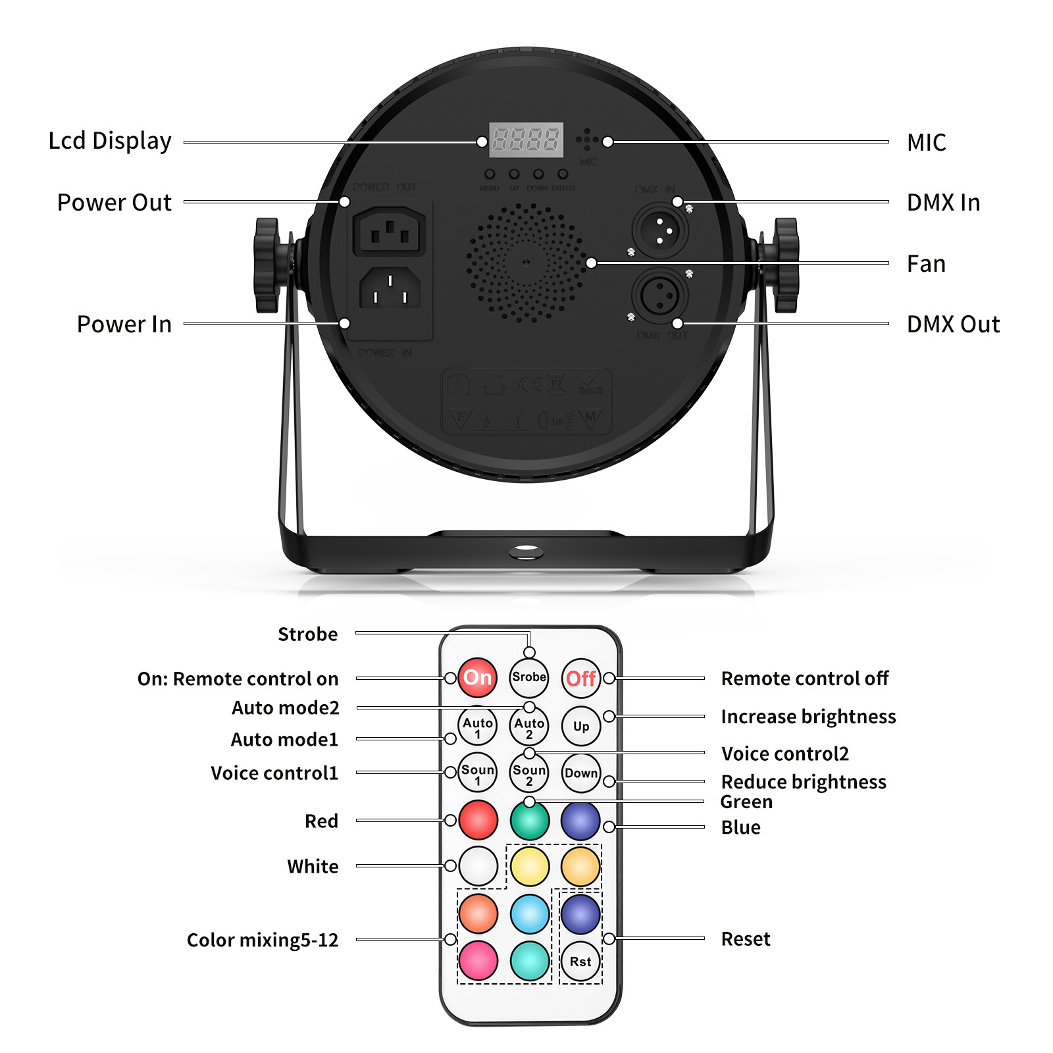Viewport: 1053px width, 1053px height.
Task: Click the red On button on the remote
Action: tap(478, 677)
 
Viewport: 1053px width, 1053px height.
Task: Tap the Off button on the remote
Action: tap(580, 678)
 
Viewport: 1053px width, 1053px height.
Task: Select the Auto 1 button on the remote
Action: tap(478, 727)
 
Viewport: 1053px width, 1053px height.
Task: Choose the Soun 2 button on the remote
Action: tap(529, 773)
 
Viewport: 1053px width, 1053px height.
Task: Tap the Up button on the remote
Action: tap(580, 727)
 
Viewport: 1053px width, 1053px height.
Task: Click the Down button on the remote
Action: tap(581, 773)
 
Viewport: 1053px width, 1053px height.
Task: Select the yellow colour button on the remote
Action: tap(530, 866)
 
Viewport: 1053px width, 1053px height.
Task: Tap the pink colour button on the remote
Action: tap(478, 960)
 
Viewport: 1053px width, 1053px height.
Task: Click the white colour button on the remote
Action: tap(478, 866)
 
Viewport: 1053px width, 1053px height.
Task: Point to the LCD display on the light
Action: tap(526, 140)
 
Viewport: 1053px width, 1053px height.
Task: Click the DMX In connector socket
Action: tap(660, 231)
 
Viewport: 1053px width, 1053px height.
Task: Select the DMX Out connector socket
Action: tap(660, 295)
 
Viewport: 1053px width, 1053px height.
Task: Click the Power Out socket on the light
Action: tap(390, 232)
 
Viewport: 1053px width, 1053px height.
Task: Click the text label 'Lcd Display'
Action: tap(110, 141)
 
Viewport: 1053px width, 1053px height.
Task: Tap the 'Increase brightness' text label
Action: tap(808, 716)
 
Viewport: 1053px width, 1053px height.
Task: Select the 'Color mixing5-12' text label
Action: tap(263, 940)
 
